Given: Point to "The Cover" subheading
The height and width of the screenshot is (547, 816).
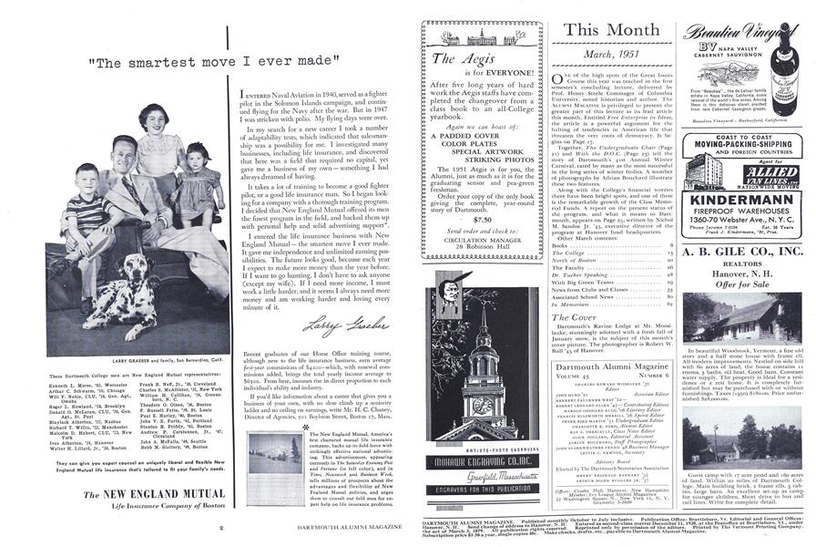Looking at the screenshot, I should pos(575,318).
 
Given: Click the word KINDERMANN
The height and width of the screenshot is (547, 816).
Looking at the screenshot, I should pos(745,199).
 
